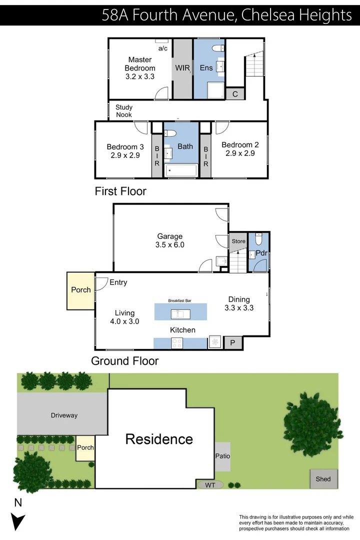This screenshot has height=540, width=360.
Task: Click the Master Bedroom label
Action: (x=140, y=64)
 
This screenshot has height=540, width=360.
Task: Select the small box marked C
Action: (x=234, y=94)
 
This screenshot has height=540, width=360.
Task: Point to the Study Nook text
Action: (x=124, y=110)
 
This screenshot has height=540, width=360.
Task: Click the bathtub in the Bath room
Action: (x=180, y=170)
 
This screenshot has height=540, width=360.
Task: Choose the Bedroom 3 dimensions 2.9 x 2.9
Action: (x=125, y=155)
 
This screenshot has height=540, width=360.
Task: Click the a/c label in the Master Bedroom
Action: (x=163, y=48)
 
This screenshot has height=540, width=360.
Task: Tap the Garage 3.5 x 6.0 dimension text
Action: (x=170, y=245)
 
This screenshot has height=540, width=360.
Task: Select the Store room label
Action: (x=238, y=241)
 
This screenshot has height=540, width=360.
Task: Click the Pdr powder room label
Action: (x=261, y=253)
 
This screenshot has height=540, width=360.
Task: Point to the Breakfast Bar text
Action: (x=180, y=301)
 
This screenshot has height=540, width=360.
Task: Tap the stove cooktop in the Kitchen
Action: (x=177, y=343)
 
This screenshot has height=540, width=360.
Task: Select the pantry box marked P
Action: (x=232, y=343)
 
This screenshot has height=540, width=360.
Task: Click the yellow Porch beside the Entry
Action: (x=81, y=290)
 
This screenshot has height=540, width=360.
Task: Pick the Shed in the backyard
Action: (x=323, y=479)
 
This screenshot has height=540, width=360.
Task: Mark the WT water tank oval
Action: (x=209, y=484)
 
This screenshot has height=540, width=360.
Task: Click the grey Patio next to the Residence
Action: (x=222, y=456)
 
